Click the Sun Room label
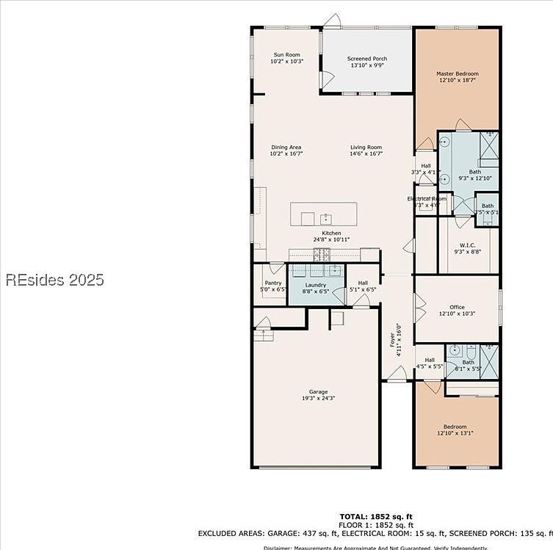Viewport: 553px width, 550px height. pos(286,55)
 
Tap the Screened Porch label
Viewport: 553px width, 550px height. pos(366,59)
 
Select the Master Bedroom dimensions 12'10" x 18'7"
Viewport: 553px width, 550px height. pos(458,80)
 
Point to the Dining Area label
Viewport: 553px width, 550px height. pos(286,148)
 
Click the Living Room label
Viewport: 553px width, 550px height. pos(365,148)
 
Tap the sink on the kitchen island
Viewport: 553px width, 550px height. pos(325,218)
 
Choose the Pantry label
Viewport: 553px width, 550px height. pos(272,283)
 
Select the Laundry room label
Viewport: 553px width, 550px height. pos(315,285)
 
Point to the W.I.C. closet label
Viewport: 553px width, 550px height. pos(468,245)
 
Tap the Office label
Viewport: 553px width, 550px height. pos(457,307)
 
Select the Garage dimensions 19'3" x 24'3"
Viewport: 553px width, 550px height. pos(318,398)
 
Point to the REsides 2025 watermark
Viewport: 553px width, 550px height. pos(55,280)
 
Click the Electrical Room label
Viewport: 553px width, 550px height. pos(427,198)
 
